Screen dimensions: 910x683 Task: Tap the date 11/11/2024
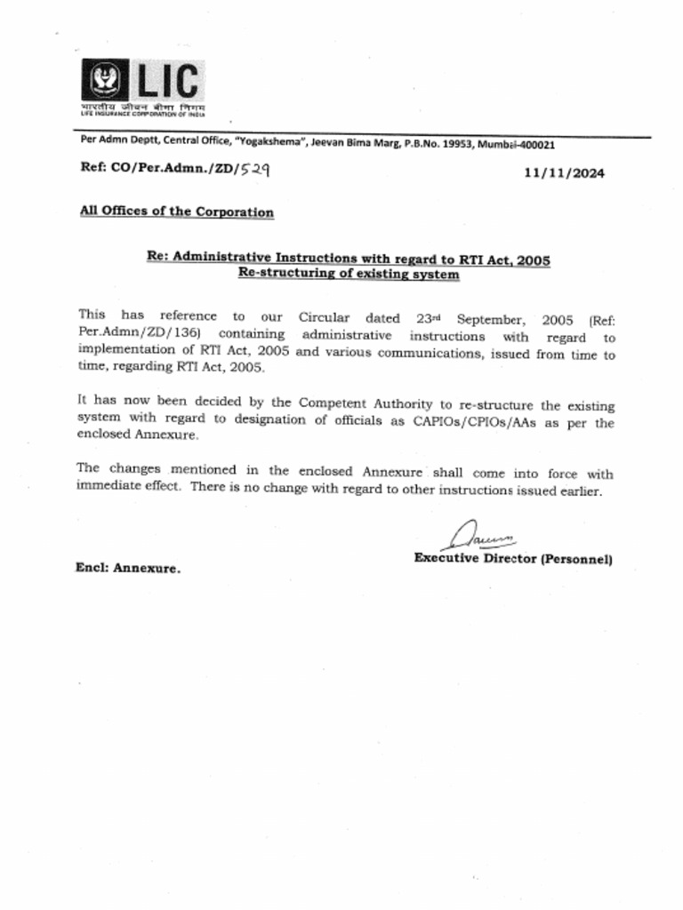coord(564,173)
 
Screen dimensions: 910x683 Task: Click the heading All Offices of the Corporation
coord(176,212)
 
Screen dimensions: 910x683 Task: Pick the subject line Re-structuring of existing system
coord(349,275)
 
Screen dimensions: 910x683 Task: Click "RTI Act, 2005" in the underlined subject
coord(504,259)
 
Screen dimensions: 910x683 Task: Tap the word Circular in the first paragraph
coord(324,317)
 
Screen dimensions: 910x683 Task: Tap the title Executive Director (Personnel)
coord(512,559)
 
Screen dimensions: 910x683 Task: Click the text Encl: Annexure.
coord(127,568)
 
